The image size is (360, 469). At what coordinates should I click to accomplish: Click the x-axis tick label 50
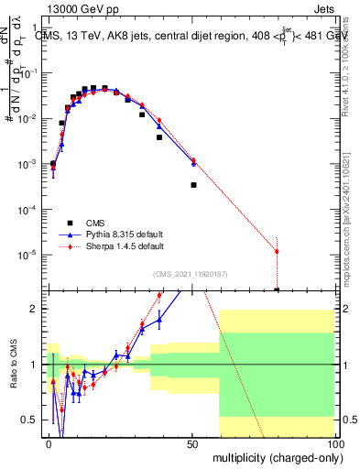192,442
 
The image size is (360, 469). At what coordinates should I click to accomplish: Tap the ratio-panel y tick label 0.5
30,420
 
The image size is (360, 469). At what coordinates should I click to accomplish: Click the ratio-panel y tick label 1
35,365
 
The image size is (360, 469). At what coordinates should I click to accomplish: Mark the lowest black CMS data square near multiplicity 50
193,185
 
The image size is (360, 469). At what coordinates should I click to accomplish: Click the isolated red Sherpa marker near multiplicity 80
277,251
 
